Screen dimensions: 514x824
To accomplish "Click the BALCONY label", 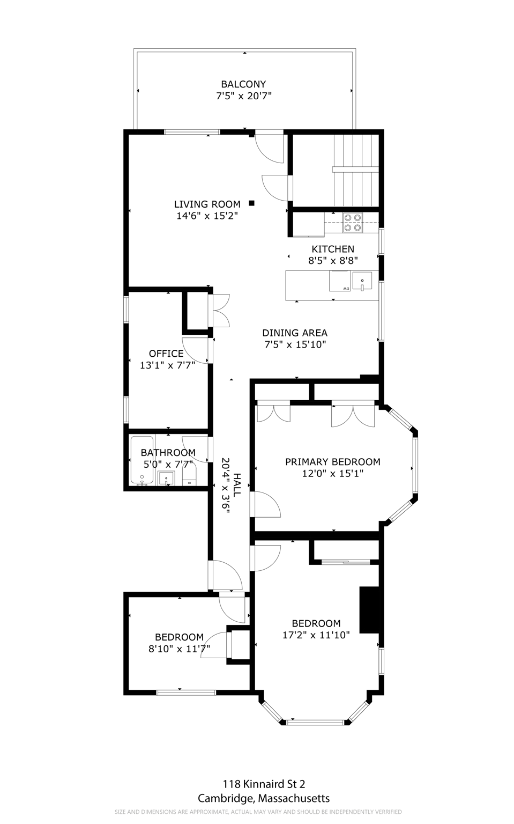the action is (243, 84).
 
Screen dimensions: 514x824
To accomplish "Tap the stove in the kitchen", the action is (352, 223).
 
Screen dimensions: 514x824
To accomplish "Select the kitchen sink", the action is (362, 281).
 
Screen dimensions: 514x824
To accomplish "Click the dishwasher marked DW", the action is (340, 281).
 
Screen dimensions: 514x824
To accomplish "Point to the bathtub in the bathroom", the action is (142, 460).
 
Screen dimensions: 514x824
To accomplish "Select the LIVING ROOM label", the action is (207, 204).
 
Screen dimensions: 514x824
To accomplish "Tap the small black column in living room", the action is (252, 203).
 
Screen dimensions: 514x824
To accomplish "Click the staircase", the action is (356, 170).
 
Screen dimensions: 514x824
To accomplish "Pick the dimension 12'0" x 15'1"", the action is (332, 474).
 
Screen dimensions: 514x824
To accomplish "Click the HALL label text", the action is (237, 484).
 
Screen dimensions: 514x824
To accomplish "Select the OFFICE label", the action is (166, 354).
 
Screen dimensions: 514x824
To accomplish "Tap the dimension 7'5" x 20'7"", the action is (243, 96).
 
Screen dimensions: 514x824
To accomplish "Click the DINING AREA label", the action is (295, 333).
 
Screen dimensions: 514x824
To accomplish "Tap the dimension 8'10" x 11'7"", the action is (180, 649).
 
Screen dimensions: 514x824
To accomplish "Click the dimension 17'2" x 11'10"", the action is (316, 635).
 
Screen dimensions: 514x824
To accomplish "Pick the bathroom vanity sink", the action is (167, 478).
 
